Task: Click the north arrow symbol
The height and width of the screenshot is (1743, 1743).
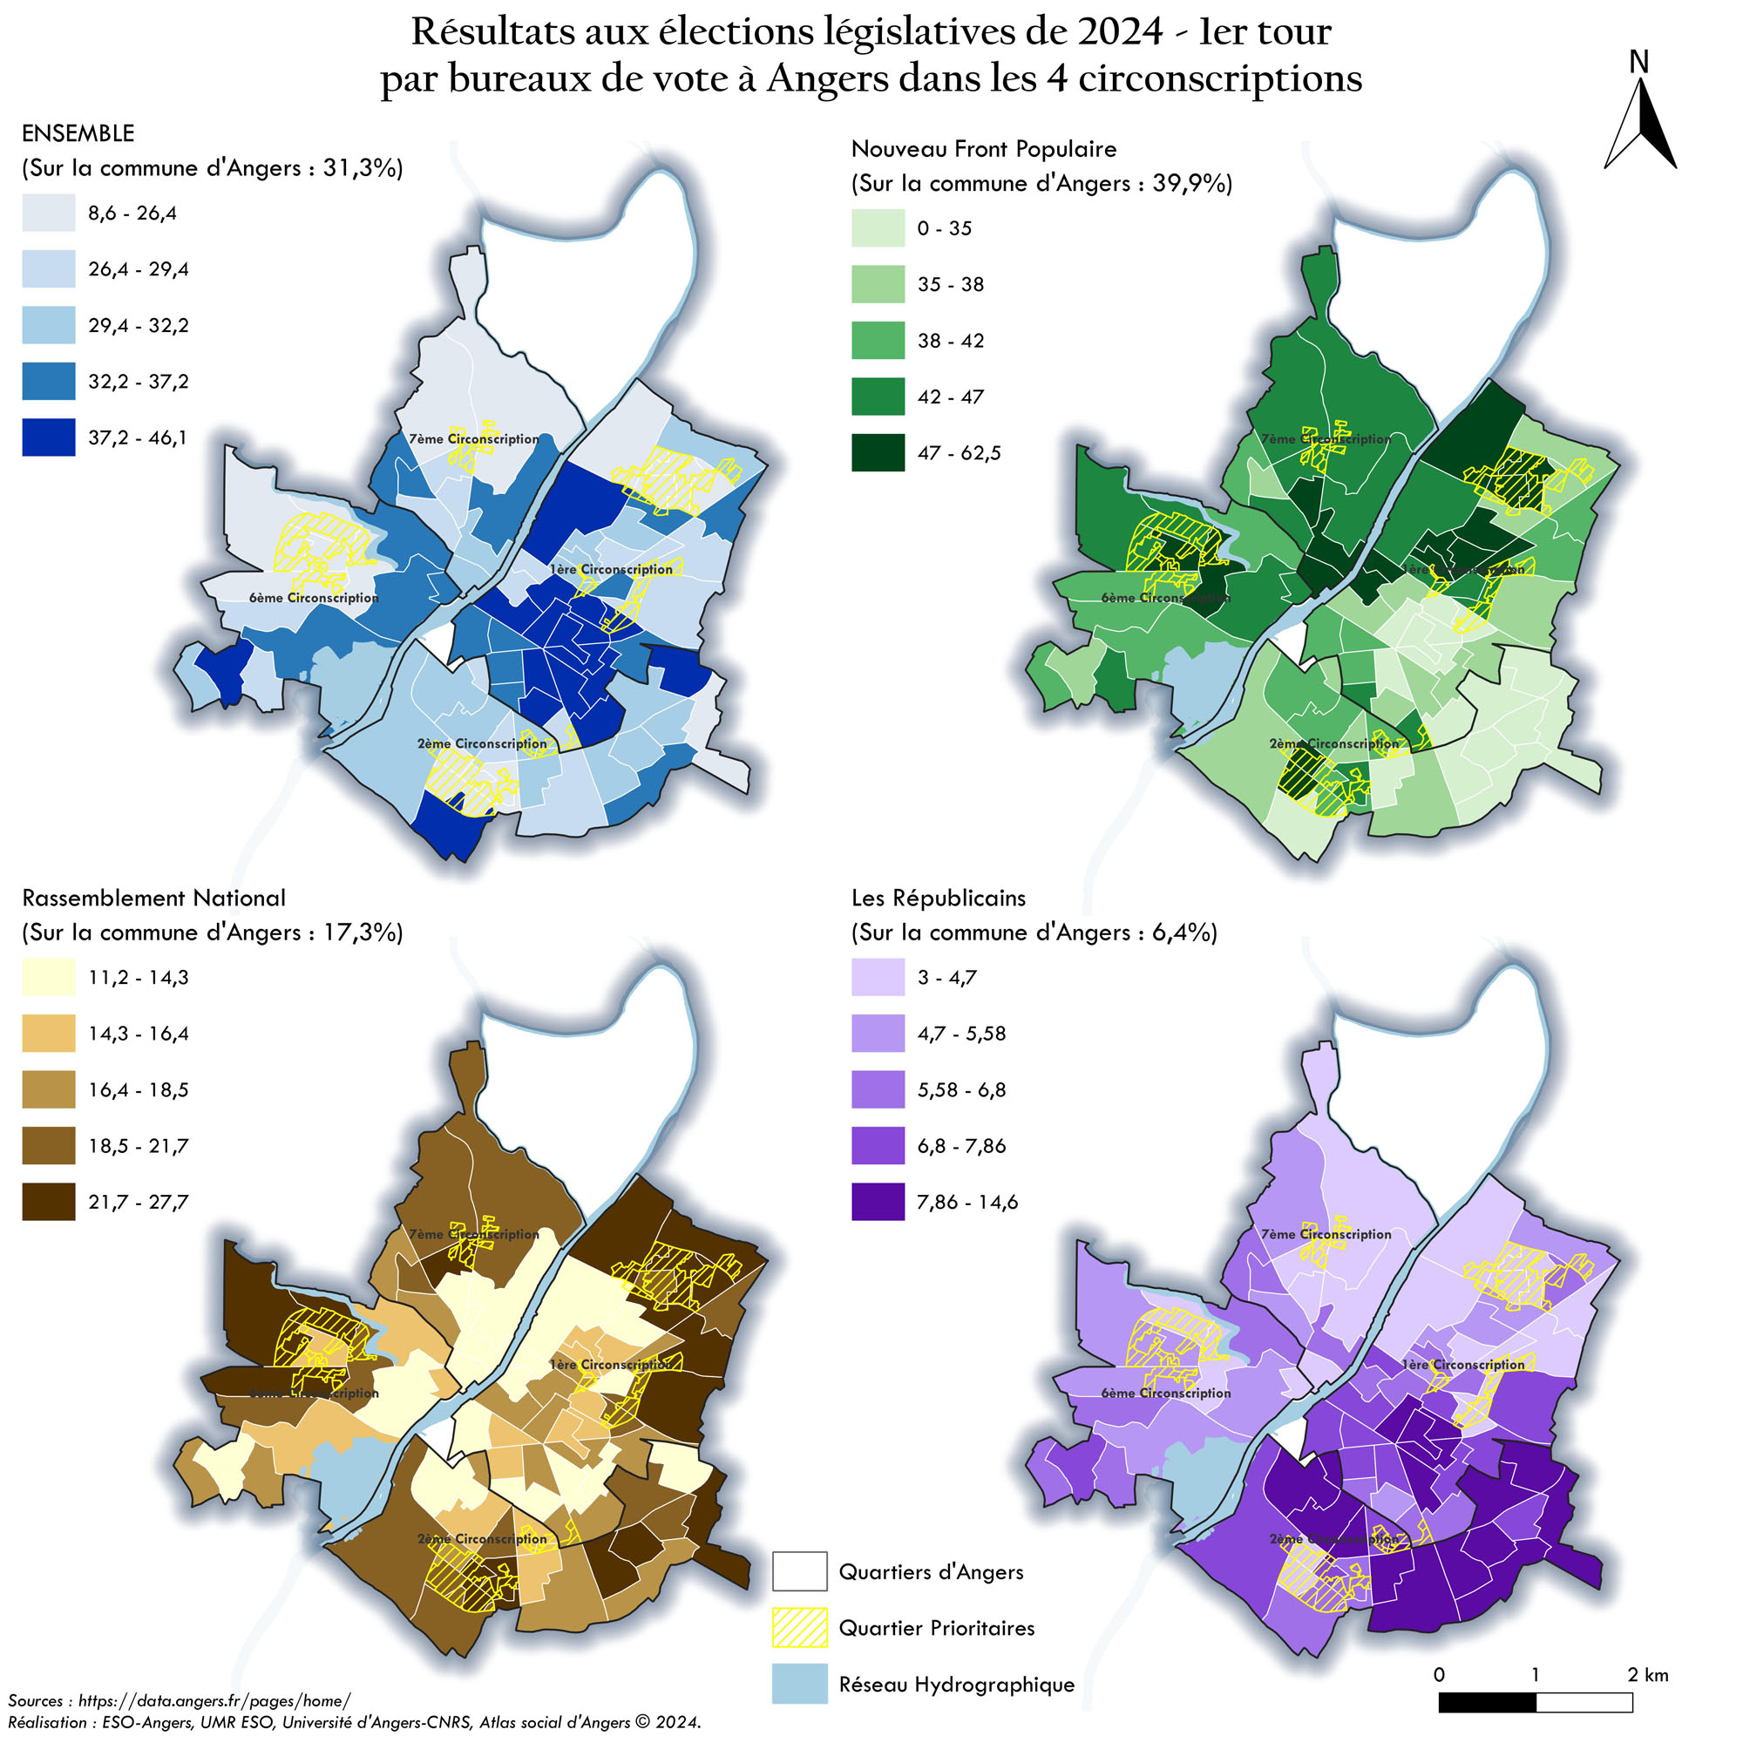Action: tap(1639, 126)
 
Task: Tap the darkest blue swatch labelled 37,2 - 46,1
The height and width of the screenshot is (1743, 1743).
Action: tap(49, 437)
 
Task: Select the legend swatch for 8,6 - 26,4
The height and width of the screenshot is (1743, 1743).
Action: tap(49, 214)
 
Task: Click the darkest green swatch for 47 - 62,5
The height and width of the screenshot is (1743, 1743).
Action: tap(878, 453)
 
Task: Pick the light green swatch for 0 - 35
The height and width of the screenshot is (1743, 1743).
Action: tap(878, 228)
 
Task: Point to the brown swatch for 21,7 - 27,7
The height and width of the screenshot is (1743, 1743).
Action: tap(49, 1202)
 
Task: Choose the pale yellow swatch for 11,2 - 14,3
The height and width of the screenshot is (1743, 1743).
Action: tap(49, 977)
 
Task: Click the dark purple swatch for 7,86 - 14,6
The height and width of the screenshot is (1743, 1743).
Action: tap(878, 1202)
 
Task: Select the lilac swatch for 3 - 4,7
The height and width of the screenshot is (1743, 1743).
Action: tap(878, 977)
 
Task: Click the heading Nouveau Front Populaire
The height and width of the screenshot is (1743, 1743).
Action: tap(983, 149)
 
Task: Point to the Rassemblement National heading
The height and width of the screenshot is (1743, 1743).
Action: tap(153, 898)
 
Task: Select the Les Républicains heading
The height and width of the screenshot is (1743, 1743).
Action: tap(939, 898)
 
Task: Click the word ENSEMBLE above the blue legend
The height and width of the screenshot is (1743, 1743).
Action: tap(78, 133)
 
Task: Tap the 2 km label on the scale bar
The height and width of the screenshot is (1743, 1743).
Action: tap(1647, 1674)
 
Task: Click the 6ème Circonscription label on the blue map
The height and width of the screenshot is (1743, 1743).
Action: tap(313, 598)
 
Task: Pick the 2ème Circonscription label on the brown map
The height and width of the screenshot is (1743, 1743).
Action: tap(482, 1539)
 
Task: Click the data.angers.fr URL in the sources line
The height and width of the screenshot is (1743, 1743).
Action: tap(214, 1700)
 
